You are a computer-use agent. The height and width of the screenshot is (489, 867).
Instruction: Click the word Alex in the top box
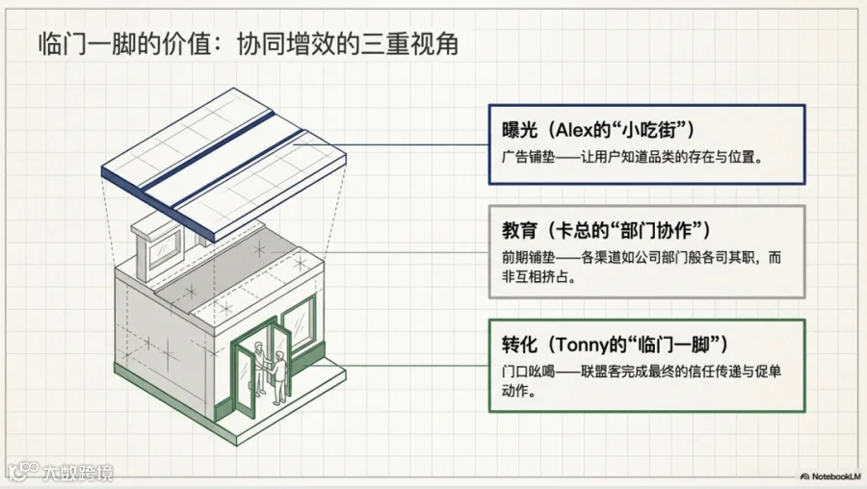pos(573,130)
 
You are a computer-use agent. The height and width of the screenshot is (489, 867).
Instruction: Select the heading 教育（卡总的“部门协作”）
pos(606,231)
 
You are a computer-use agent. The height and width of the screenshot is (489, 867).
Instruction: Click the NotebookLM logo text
pos(831,476)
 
